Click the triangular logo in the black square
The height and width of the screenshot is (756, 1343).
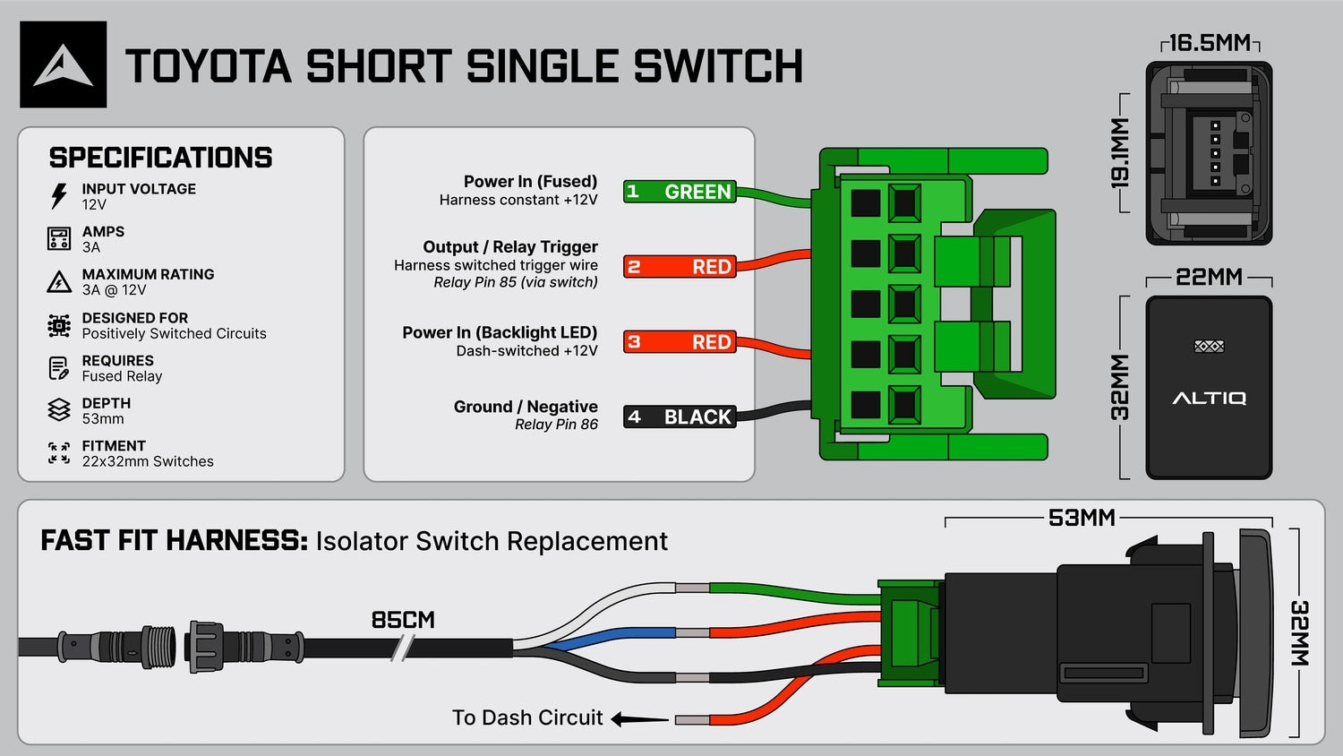[x=63, y=65]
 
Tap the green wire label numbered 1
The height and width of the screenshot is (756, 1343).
[x=680, y=192]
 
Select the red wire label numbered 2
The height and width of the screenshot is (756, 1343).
[x=680, y=266]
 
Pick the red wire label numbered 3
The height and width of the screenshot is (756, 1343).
[x=680, y=341]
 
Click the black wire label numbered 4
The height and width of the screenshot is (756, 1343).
[x=680, y=417]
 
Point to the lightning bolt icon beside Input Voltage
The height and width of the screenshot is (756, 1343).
[x=59, y=195]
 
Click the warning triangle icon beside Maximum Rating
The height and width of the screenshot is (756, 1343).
[x=59, y=281]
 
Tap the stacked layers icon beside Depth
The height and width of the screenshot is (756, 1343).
[x=59, y=410]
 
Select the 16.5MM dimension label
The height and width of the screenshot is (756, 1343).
[x=1210, y=43]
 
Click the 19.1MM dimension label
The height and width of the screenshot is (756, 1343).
[x=1120, y=153]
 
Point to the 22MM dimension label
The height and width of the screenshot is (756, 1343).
[x=1209, y=277]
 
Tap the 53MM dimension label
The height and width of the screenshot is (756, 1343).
[x=1082, y=518]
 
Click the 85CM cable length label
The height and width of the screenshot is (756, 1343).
[x=403, y=620]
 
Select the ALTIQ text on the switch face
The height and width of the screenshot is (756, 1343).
[x=1209, y=398]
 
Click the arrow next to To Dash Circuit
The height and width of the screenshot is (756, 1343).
[x=639, y=718]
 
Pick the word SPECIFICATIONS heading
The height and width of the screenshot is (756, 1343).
[x=160, y=158]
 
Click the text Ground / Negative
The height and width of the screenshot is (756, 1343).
[x=526, y=407]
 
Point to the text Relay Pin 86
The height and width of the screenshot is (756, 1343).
[x=556, y=425]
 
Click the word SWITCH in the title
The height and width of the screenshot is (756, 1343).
[x=718, y=66]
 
